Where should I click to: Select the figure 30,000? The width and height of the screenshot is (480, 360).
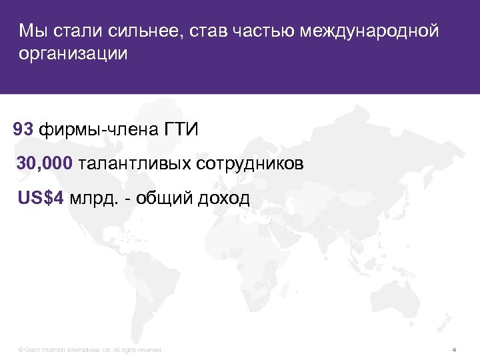pyautogui.click(x=45, y=163)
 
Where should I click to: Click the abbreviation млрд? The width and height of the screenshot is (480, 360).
pyautogui.click(x=93, y=198)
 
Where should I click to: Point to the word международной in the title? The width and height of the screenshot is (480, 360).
pyautogui.click(x=370, y=31)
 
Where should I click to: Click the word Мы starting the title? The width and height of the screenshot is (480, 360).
pyautogui.click(x=31, y=31)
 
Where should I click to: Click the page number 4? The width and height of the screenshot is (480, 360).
pyautogui.click(x=454, y=349)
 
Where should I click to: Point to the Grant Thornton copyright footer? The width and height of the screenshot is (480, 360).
pyautogui.click(x=91, y=349)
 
